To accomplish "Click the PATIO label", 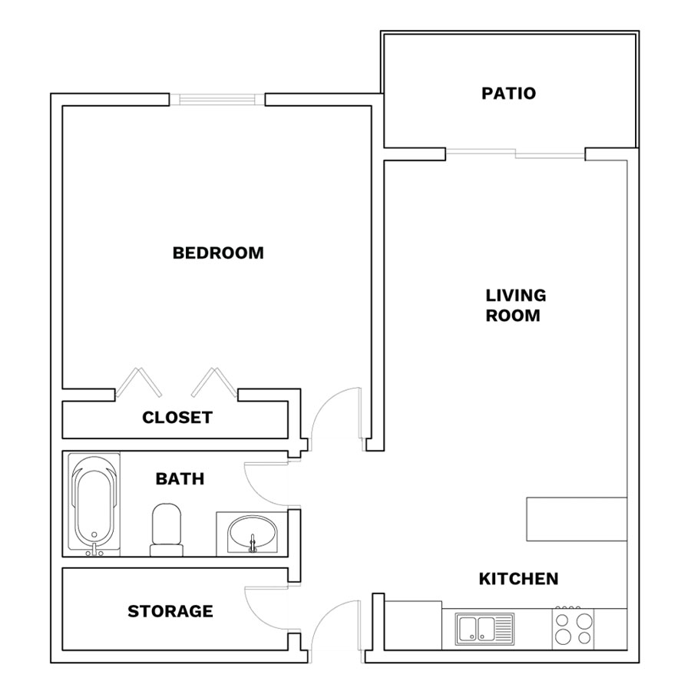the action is tap(508, 94).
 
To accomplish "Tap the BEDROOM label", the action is tap(218, 253).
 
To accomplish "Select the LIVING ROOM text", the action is tap(514, 306).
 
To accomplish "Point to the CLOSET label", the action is tap(177, 418).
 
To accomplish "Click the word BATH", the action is tap(180, 478).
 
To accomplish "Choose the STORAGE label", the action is tap(170, 611).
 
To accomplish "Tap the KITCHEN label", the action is tap(518, 579).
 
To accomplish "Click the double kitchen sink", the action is tap(484, 629).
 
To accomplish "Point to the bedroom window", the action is tap(217, 100).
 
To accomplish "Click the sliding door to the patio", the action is tap(515, 154).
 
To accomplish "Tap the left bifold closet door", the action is tap(139, 382).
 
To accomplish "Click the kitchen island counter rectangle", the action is tap(577, 519).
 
